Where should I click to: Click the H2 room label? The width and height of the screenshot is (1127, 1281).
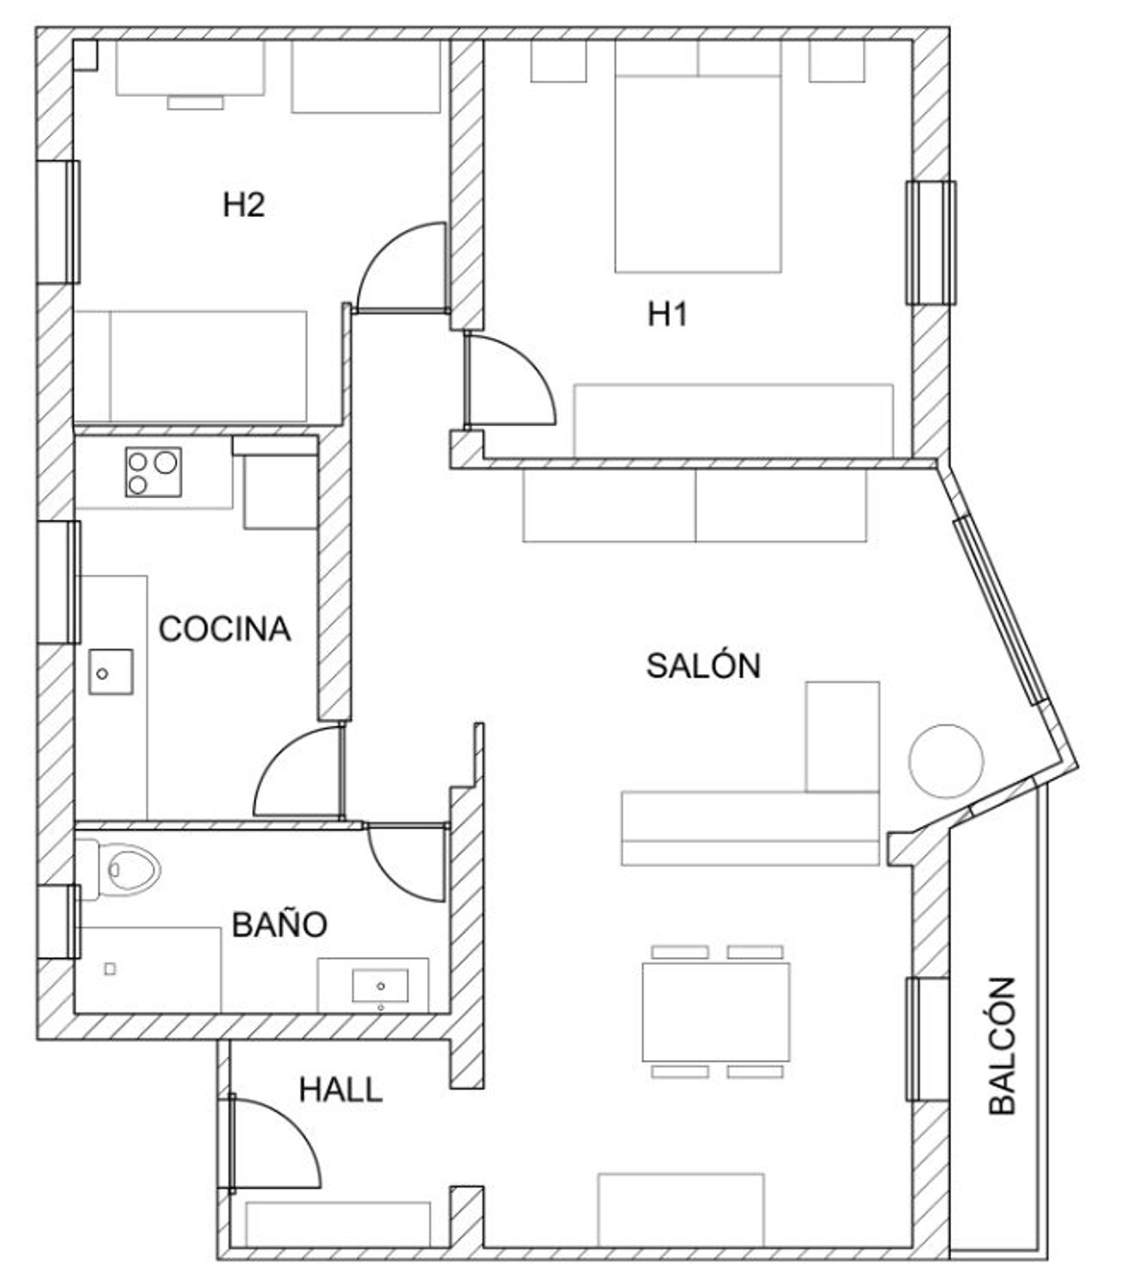tap(243, 205)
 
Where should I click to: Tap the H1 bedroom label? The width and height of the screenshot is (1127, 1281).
tap(668, 314)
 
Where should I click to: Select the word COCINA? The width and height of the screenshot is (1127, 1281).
tap(225, 629)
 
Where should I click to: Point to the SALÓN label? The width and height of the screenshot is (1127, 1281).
tap(703, 665)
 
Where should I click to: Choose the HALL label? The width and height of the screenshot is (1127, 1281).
tap(341, 1089)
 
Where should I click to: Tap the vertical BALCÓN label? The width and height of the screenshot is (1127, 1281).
tap(1002, 1045)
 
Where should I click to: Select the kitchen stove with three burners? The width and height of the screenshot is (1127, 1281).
tap(153, 472)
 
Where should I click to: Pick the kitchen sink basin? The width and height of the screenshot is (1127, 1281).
tap(110, 672)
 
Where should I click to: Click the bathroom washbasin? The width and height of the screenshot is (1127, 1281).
tap(380, 985)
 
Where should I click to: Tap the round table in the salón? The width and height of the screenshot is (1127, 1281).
tap(946, 761)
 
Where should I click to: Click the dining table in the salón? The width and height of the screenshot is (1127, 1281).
tap(716, 1011)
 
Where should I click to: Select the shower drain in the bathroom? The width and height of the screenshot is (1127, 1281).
tap(110, 969)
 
